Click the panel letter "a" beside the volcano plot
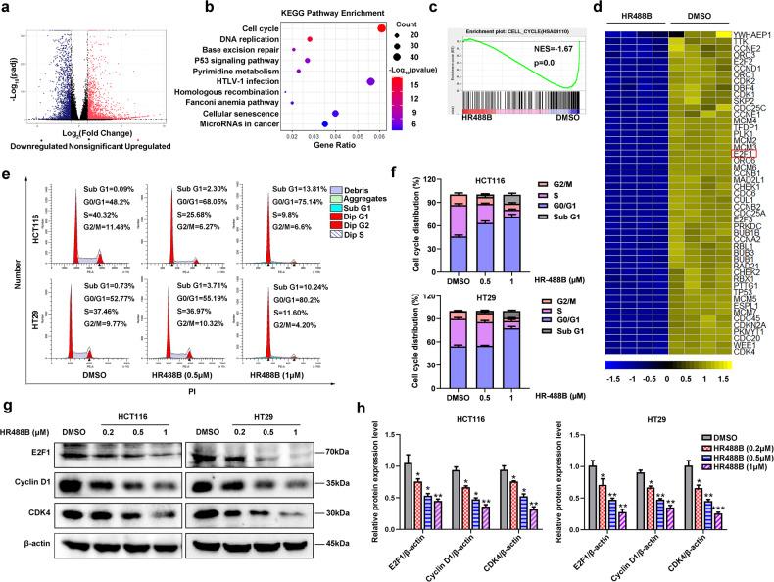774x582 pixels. (7, 8)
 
